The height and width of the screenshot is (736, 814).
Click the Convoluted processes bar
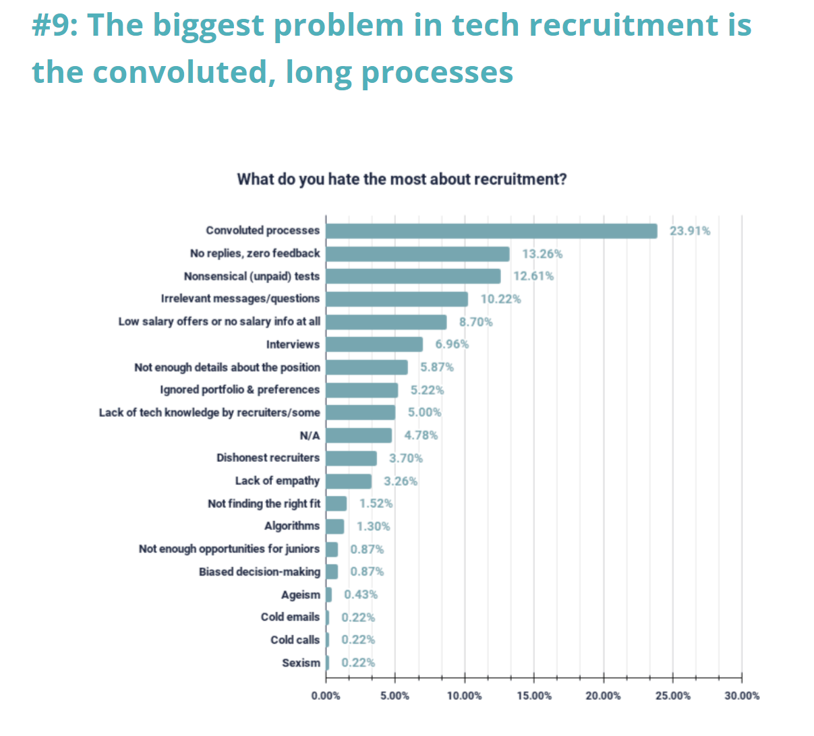pyautogui.click(x=491, y=231)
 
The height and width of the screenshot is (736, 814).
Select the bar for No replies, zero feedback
pyautogui.click(x=417, y=254)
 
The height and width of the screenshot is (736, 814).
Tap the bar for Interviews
pyautogui.click(x=374, y=344)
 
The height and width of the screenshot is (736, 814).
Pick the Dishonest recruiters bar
pyautogui.click(x=351, y=458)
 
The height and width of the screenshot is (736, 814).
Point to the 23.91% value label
pyautogui.click(x=689, y=231)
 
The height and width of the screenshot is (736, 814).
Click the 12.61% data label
pyautogui.click(x=533, y=276)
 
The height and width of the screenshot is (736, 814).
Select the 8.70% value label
pyautogui.click(x=475, y=322)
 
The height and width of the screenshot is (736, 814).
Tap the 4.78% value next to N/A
pyautogui.click(x=421, y=435)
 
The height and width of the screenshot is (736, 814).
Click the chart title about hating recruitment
pyautogui.click(x=402, y=180)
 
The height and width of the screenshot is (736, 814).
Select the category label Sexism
pyautogui.click(x=301, y=663)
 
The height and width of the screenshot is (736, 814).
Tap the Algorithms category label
pyautogui.click(x=292, y=526)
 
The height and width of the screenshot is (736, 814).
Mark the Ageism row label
pyautogui.click(x=301, y=595)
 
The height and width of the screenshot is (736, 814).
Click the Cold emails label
pyautogui.click(x=290, y=617)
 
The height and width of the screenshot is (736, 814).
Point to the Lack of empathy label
pyautogui.click(x=277, y=481)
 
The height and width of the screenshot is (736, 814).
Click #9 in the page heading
pyautogui.click(x=54, y=26)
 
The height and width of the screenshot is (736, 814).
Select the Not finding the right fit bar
pyautogui.click(x=337, y=503)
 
